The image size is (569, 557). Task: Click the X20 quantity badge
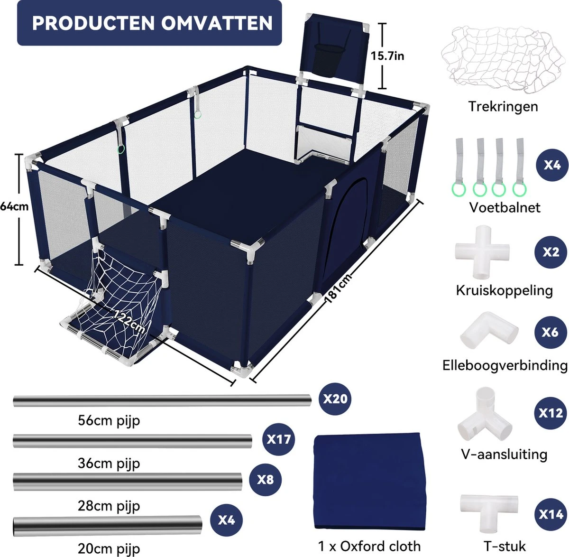[x=335, y=399]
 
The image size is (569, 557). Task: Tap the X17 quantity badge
[x=278, y=439]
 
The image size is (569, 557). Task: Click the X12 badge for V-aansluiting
[x=551, y=413]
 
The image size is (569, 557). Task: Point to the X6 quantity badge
[x=551, y=332]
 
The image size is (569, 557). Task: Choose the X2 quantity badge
[x=551, y=252]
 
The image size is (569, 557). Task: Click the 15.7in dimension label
[x=387, y=56]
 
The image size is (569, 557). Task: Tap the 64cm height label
[x=14, y=206]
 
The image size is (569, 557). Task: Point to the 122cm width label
[x=128, y=322]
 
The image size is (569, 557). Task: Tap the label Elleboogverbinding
[x=505, y=366]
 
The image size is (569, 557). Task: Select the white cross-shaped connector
[x=482, y=252]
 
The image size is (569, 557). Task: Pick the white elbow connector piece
[x=489, y=331]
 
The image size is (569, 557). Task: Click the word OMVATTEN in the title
[x=217, y=23]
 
